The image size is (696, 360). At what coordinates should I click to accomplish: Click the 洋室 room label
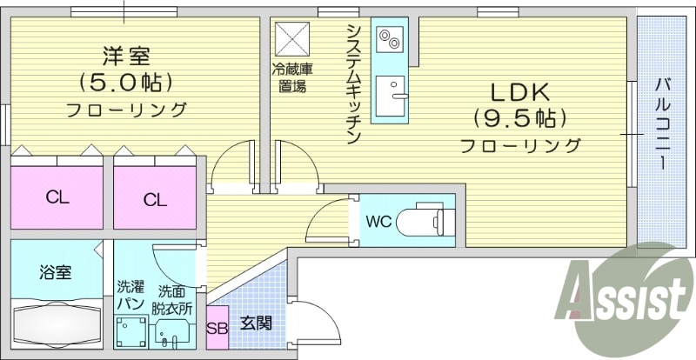pos(127,57)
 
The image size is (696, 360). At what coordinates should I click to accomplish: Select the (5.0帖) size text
pos(127,83)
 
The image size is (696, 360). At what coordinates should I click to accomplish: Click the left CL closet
pos(57,197)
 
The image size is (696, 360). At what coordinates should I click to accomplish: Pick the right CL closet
pos(155,199)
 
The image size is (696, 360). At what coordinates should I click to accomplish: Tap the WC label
pos(378,220)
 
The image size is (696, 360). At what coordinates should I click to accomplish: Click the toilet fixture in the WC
pos(425,220)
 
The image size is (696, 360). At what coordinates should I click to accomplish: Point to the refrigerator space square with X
pos(288,38)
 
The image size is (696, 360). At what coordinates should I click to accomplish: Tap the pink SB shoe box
pos(217,328)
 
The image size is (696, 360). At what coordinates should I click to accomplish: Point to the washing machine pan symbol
pos(132,331)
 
